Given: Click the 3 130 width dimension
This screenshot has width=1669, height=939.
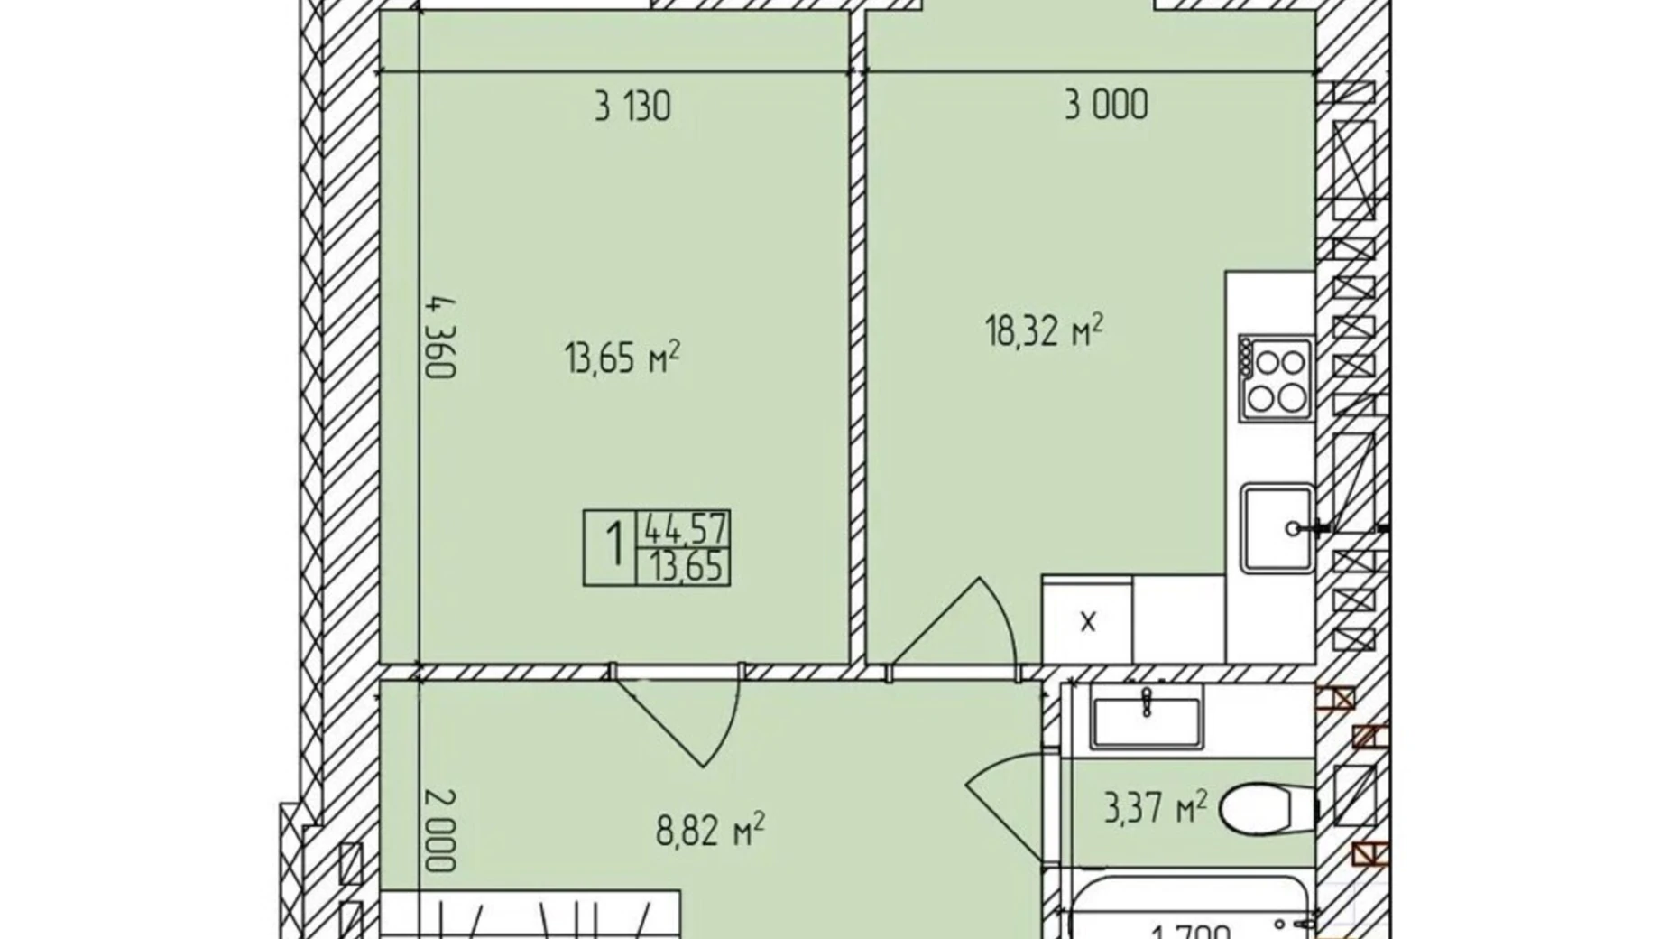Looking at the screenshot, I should pos(632,107).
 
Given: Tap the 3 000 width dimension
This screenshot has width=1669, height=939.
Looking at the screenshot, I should pos(1106,105).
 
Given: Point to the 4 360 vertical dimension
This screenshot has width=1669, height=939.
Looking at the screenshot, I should pos(441,338).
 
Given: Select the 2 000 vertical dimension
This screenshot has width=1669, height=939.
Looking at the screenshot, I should pos(440,830).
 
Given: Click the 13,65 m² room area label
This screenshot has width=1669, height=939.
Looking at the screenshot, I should pos(622,358).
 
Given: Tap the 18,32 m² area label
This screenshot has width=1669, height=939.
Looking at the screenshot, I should pos(1044,331).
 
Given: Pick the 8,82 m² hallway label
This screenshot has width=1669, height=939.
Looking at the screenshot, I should pos(710,830).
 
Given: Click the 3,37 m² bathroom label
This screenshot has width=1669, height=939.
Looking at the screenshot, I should pos(1155,807).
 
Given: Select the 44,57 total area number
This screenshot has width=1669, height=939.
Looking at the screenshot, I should pos(683,529).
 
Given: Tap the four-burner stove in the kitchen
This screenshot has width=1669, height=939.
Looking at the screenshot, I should pos(1275,378).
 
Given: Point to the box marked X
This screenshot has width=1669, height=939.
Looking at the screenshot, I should pos(1087,620).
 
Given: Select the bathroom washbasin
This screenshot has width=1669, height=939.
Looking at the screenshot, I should pos(1146,717).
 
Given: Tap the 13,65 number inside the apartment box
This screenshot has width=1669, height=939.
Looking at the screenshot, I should pos(683,568).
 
